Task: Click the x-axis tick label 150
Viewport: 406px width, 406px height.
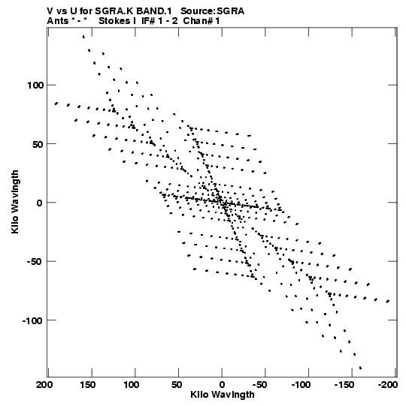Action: point(87,385)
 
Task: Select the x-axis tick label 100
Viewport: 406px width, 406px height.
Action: point(131,385)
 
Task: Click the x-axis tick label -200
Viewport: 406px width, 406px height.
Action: point(388,385)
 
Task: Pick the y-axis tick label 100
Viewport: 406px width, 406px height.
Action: point(35,86)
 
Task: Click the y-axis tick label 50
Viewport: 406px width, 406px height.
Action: point(38,144)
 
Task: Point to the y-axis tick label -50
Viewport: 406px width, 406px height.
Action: point(35,261)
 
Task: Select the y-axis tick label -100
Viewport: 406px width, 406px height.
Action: point(32,320)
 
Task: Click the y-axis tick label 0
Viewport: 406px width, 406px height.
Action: point(40,203)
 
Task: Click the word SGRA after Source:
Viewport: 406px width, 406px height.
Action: point(230,11)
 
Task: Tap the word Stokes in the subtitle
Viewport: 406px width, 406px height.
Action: point(115,21)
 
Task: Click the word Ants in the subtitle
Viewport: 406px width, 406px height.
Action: point(57,21)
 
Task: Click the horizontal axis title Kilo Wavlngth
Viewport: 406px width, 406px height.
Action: point(223,395)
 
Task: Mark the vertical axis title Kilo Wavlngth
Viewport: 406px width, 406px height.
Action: point(15,202)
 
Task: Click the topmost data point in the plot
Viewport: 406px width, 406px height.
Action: point(83,37)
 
